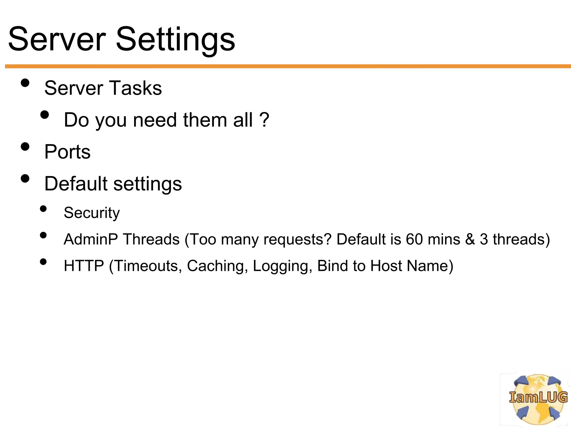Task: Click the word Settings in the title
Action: pyautogui.click(x=175, y=40)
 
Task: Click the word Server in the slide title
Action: pyautogui.click(x=57, y=40)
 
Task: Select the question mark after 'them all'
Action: pyautogui.click(x=264, y=120)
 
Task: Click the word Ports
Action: pyautogui.click(x=67, y=152)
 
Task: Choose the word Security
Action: pyautogui.click(x=92, y=213)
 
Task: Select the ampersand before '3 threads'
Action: pyautogui.click(x=470, y=239)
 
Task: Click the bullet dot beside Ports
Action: pyautogui.click(x=25, y=147)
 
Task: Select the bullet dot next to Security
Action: pyautogui.click(x=43, y=209)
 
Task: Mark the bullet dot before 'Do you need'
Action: pyautogui.click(x=44, y=115)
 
